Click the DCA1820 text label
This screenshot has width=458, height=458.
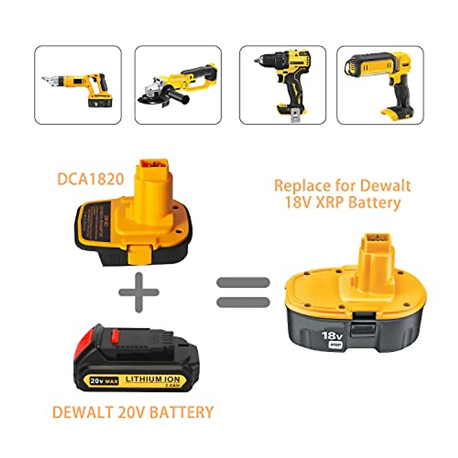click(x=91, y=179)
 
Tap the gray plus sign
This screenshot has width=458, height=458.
click(x=139, y=293)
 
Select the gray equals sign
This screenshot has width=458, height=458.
click(x=243, y=292)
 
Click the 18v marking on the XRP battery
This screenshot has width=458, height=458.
click(x=332, y=336)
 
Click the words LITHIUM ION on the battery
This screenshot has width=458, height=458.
click(x=153, y=379)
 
